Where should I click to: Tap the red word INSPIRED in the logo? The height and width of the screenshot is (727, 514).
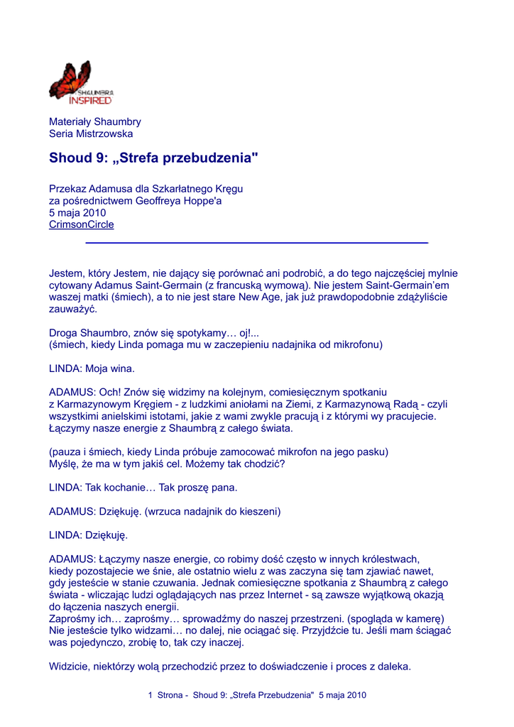[89, 100]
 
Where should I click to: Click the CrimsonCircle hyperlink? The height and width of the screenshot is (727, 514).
[81, 224]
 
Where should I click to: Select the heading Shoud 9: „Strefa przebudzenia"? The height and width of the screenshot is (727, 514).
[153, 158]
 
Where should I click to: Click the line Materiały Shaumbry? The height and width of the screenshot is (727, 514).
[94, 121]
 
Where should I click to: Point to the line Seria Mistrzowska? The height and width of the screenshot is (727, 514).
[90, 133]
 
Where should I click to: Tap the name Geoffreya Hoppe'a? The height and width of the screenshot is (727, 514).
[178, 200]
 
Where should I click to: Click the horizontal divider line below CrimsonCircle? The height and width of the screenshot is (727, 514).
[256, 243]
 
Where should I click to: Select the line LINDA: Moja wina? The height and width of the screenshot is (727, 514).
[92, 368]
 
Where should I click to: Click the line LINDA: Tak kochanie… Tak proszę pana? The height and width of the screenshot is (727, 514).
[143, 488]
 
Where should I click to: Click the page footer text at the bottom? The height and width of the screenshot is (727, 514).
[257, 695]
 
